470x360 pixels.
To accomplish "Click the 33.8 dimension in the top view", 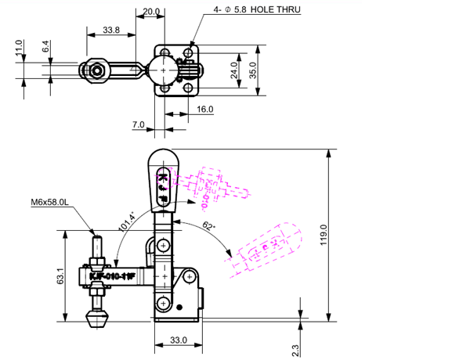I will pyautogui.click(x=111, y=31).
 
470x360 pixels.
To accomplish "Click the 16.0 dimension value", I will pyautogui.click(x=205, y=110).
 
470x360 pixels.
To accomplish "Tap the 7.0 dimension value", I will pyautogui.click(x=139, y=125).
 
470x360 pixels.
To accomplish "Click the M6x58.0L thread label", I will pyautogui.click(x=51, y=203).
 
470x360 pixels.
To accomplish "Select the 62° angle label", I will pyautogui.click(x=210, y=226).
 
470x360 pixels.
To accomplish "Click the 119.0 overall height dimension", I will pyautogui.click(x=323, y=235).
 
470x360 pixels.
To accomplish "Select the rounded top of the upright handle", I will pyautogui.click(x=162, y=157).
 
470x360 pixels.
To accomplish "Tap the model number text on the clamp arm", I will pyautogui.click(x=113, y=275).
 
